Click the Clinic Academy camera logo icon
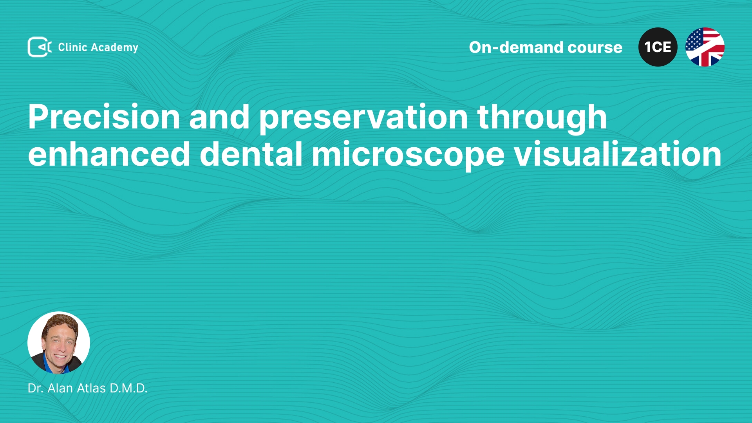click(40, 47)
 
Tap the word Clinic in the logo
click(72, 47)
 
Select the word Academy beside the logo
click(115, 48)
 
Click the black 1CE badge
click(658, 47)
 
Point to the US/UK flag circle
click(705, 47)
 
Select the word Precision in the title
click(104, 117)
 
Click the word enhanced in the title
click(109, 154)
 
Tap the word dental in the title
click(251, 154)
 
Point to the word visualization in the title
click(618, 154)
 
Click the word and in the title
click(219, 117)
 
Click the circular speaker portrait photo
click(59, 343)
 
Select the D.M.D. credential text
click(128, 388)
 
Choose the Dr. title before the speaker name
click(35, 388)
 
